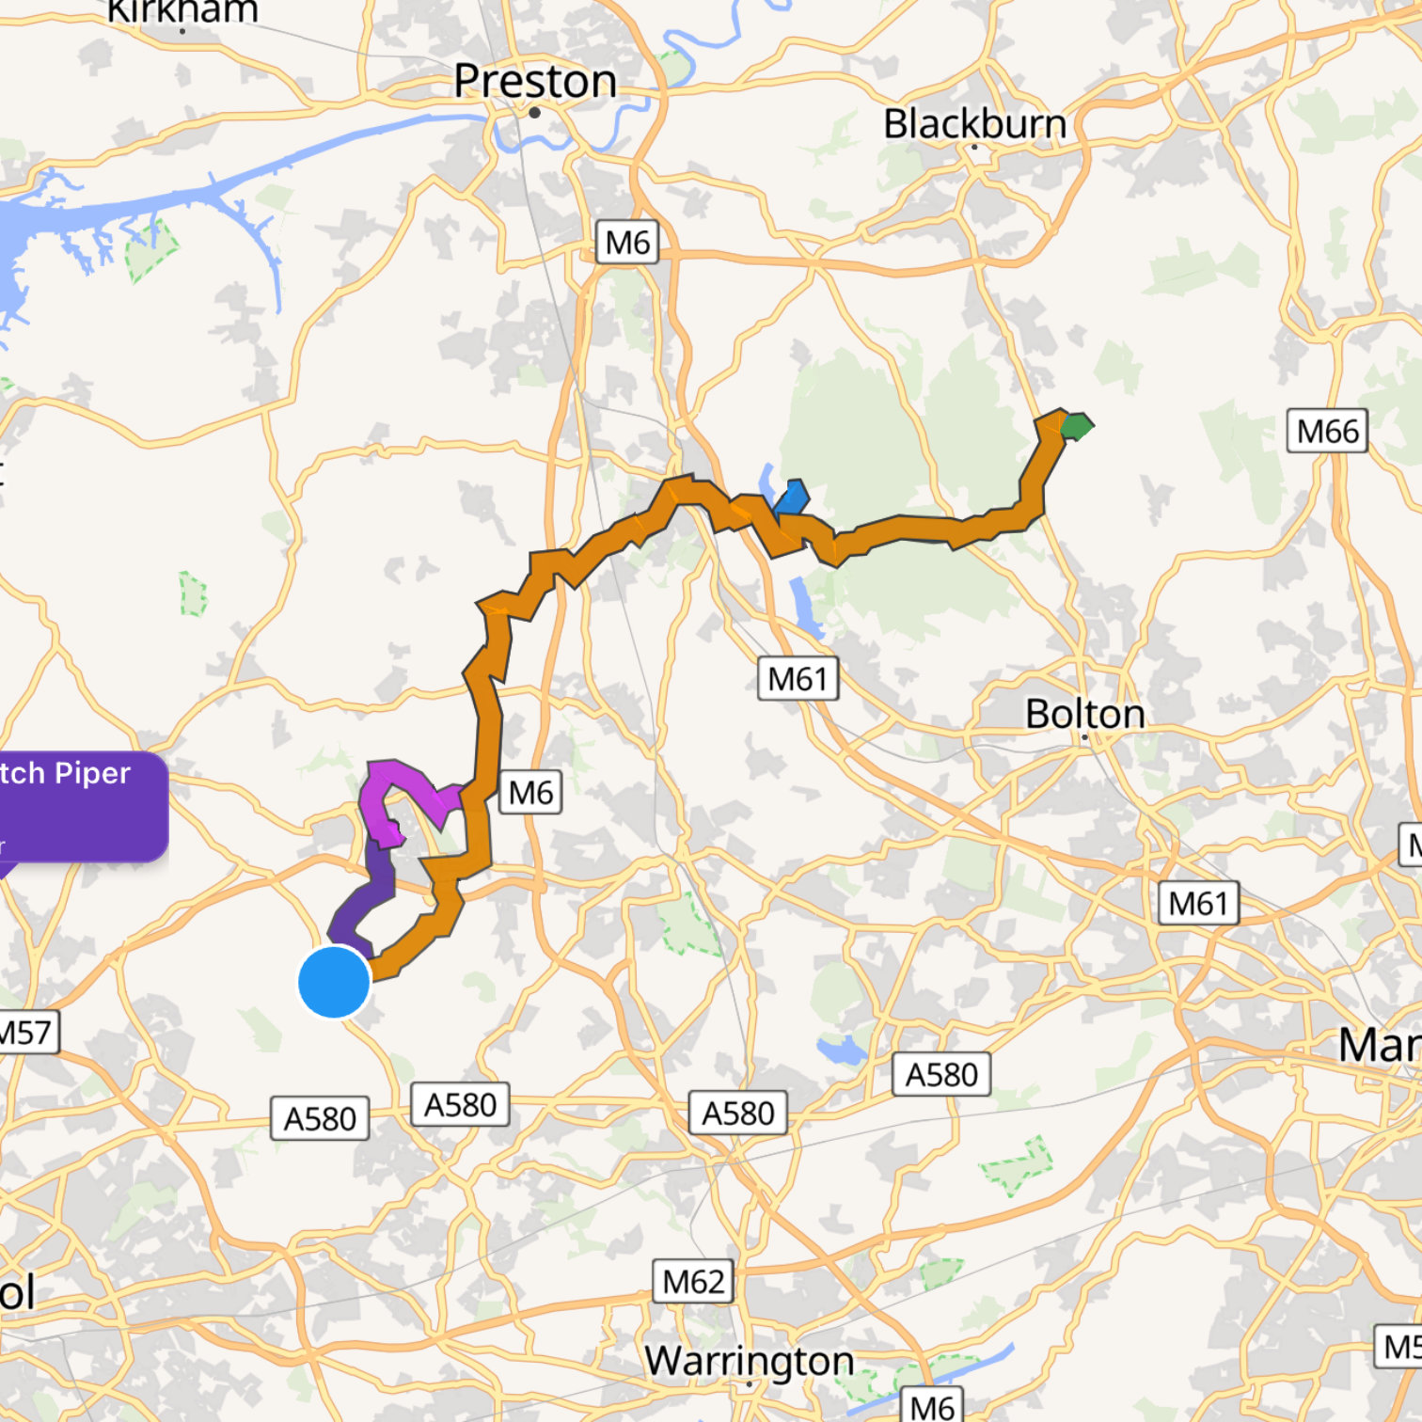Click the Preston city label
(535, 81)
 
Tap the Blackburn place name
(974, 124)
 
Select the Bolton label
(1084, 714)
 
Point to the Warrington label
(749, 1360)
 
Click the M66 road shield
(1327, 432)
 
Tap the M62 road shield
(693, 1281)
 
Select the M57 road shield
(26, 1033)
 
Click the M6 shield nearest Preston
(627, 243)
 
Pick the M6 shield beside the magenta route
(530, 793)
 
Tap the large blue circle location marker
(334, 982)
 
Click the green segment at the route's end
(1076, 426)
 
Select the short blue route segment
(792, 498)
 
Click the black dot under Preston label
(534, 113)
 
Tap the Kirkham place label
(183, 11)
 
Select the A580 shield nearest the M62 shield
(737, 1114)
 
